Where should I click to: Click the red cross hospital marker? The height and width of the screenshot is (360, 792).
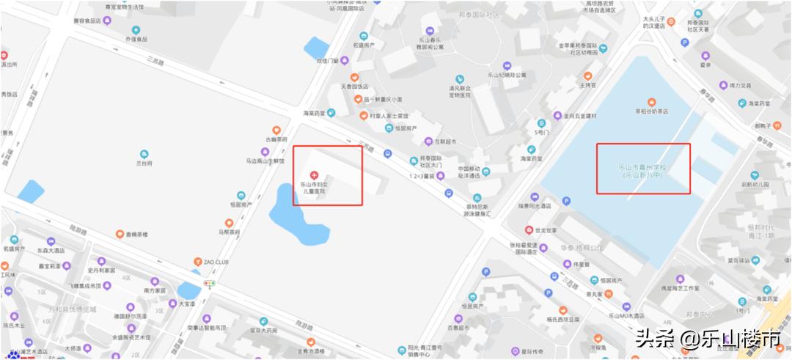[315, 174]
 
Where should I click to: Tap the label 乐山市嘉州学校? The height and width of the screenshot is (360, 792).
[643, 168]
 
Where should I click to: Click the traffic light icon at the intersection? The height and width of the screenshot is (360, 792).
[210, 283]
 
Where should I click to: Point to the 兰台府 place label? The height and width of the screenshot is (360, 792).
[144, 164]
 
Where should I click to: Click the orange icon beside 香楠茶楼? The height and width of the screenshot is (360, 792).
[120, 234]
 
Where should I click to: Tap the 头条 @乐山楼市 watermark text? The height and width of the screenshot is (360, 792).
[708, 339]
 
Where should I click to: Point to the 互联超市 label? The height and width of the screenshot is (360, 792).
[445, 142]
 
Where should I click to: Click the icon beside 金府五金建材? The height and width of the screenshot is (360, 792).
[557, 115]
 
